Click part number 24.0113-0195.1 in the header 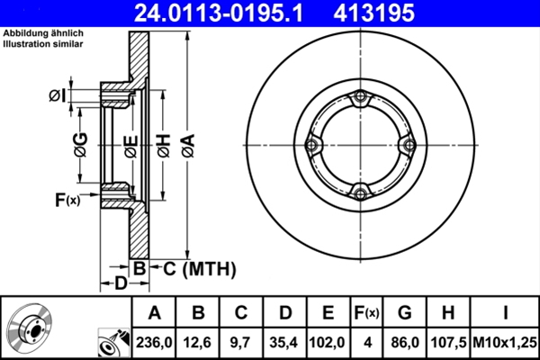(x=219, y=13)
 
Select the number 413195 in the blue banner (x=374, y=13)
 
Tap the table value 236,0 (x=154, y=342)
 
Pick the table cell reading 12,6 (x=197, y=342)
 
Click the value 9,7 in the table (x=240, y=342)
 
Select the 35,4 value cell (x=284, y=342)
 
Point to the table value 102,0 (x=328, y=342)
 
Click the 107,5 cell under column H (x=448, y=342)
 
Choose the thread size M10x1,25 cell (x=505, y=342)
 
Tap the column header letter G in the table (x=405, y=313)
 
